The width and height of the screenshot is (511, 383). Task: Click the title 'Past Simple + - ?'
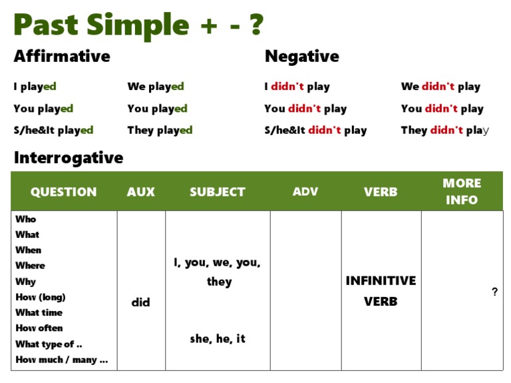coord(138,25)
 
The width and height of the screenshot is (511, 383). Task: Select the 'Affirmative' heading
coord(62,56)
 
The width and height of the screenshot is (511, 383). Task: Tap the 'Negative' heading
coord(302,57)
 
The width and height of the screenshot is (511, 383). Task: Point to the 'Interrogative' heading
coord(69,158)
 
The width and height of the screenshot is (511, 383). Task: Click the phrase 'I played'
coord(35,87)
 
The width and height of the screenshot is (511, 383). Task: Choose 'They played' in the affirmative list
coord(160,131)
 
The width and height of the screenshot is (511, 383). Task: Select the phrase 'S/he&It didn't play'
coord(316,131)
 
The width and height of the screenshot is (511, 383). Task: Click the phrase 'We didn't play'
coord(440,87)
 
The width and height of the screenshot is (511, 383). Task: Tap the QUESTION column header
coord(64,192)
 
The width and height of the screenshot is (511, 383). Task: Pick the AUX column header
coord(141,192)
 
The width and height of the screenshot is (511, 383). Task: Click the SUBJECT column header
coord(218,192)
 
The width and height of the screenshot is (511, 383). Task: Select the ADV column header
coord(305,192)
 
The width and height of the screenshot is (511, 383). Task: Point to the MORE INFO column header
coord(462,192)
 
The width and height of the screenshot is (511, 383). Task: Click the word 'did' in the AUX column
coord(141,302)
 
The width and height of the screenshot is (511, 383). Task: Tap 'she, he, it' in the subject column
coord(218,338)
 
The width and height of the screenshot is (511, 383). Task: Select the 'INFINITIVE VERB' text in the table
coord(381,291)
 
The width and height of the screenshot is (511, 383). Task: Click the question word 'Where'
coord(31,266)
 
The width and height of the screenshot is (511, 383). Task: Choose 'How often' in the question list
coord(39,328)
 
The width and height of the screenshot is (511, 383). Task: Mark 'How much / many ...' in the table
coord(62,360)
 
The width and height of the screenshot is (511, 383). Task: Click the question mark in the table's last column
coord(495,292)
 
